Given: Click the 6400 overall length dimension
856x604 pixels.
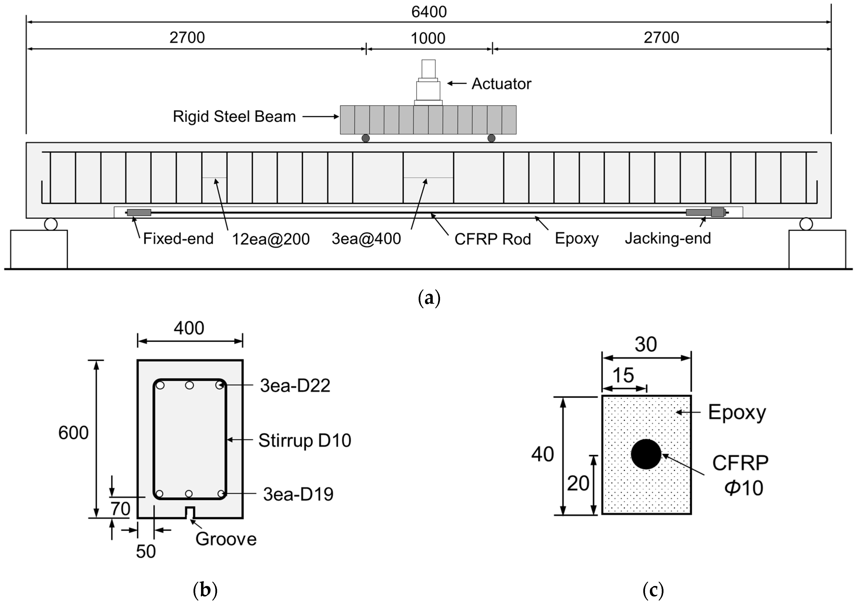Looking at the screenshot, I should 429,12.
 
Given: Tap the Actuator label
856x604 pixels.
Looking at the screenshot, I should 501,84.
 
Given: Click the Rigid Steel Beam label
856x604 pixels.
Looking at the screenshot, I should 234,117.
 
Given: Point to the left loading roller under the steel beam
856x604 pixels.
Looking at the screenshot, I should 366,138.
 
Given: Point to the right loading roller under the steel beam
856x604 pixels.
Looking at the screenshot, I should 491,138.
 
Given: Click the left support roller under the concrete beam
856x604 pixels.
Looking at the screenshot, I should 51,224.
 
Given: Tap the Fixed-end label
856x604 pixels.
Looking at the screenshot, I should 178,239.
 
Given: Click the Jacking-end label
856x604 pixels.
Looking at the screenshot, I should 668,238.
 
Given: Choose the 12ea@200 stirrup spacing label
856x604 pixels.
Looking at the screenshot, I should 271,239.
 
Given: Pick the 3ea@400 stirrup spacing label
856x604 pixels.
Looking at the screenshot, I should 366,239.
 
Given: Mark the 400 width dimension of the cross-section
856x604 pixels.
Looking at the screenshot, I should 189,328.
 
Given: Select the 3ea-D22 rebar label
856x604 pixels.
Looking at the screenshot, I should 295,386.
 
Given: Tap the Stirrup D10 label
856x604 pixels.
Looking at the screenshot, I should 304,440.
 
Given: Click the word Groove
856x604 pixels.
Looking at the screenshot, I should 226,539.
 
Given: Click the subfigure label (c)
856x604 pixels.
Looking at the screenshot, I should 653,590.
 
